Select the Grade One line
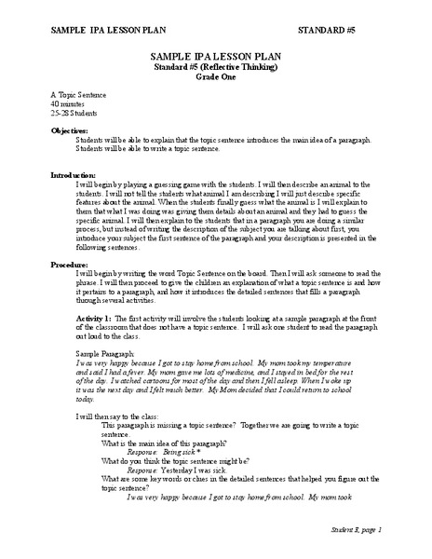[x=215, y=78]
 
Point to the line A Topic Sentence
[x=79, y=96]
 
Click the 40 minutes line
[x=68, y=104]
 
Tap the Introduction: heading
[x=73, y=175]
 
